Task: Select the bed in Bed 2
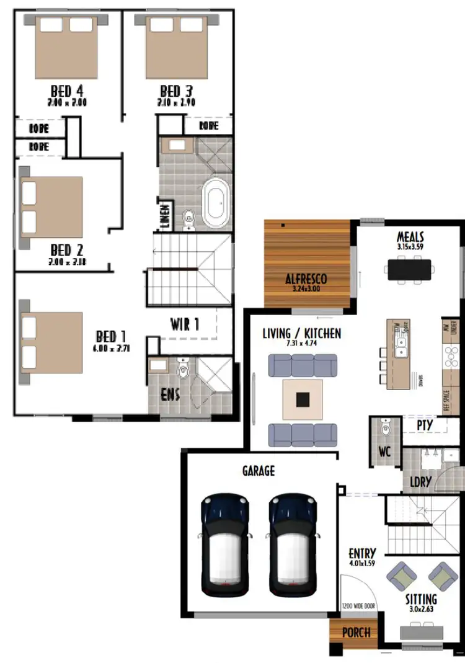pos(52,207)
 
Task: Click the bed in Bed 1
pos(52,342)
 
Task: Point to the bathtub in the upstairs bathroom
pos(216,202)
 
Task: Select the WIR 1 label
pos(185,324)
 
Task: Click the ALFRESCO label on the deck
pos(306,278)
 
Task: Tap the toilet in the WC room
pos(385,428)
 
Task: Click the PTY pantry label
pos(425,425)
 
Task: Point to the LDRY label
pos(421,482)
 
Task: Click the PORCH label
pos(356,633)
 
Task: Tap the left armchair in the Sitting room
pos(400,575)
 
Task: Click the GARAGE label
pos(258,471)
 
